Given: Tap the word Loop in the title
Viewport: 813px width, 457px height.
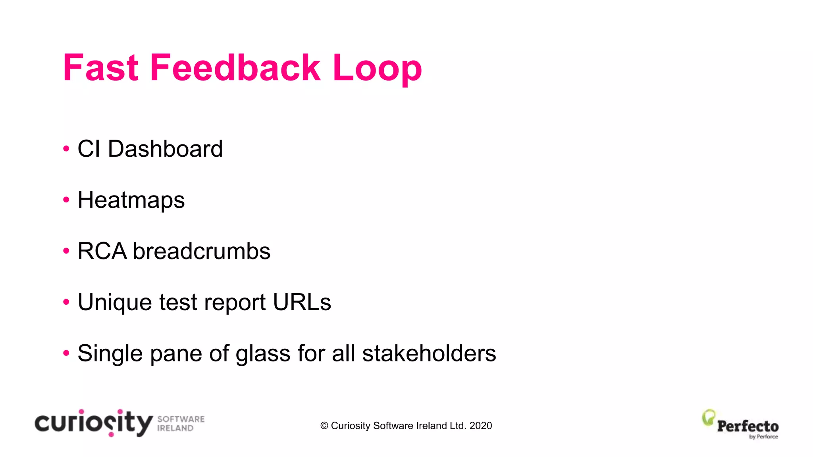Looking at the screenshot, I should (377, 69).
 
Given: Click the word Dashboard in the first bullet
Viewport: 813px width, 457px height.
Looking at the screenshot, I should (165, 149).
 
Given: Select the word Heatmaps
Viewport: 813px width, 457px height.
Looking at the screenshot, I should (131, 200).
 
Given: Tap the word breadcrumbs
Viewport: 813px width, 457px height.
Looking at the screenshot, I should (201, 251).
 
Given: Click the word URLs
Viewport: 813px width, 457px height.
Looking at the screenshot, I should (302, 302).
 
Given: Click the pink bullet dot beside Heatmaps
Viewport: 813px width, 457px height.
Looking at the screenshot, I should (66, 200).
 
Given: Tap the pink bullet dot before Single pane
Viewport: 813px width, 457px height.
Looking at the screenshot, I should (66, 353).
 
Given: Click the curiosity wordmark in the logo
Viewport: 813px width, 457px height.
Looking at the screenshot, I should (94, 423).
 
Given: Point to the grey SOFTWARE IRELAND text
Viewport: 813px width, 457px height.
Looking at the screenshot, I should (181, 424).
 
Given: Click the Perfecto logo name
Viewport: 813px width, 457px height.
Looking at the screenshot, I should (747, 426).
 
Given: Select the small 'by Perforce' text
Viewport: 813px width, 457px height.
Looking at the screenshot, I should (763, 437).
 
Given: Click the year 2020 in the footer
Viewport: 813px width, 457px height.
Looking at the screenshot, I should (480, 426).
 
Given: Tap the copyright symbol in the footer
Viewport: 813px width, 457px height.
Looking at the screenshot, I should (324, 426).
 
